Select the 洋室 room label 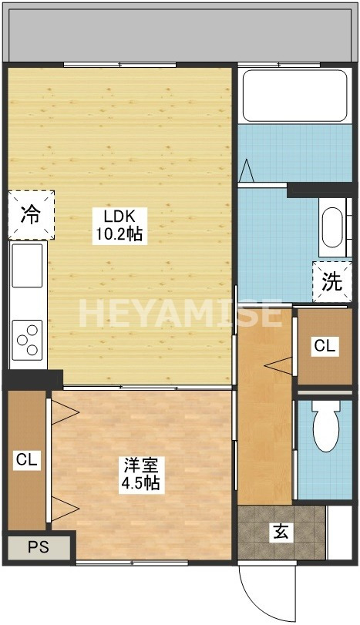point(140,466)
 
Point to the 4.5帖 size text point(140,484)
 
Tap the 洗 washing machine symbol point(331,282)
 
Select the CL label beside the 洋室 point(27,460)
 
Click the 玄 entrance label point(281,531)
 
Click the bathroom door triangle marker point(247,170)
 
